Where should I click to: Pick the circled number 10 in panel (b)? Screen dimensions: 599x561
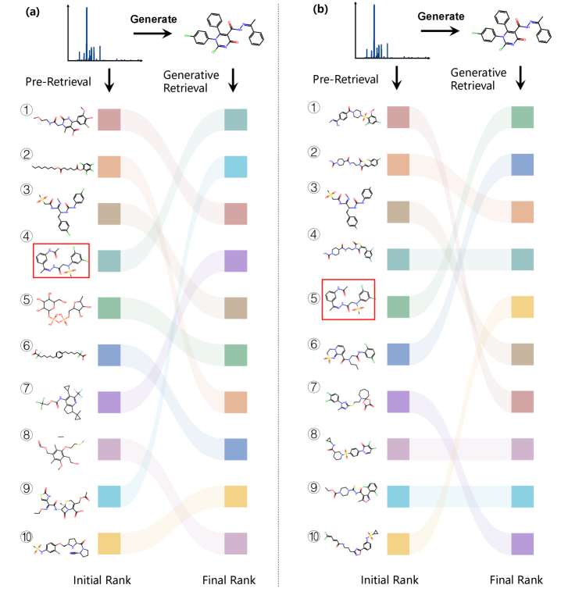click(313, 536)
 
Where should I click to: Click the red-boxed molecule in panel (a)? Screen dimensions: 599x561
click(62, 260)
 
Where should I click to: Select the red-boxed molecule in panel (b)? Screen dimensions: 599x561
click(348, 298)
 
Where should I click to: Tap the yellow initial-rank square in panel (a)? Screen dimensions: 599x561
click(109, 543)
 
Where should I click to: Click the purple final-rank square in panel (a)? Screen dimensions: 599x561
click(235, 260)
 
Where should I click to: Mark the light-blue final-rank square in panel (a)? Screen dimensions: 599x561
click(235, 166)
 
